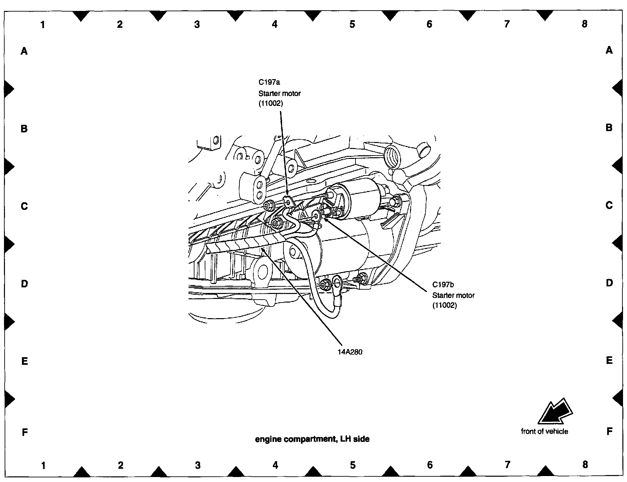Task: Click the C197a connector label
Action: click(269, 82)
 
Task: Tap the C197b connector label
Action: click(443, 284)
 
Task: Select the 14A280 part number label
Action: click(350, 352)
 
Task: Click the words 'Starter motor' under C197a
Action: click(279, 93)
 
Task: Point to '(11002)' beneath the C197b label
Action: click(444, 305)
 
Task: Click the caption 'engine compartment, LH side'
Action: click(312, 439)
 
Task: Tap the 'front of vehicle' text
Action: click(544, 431)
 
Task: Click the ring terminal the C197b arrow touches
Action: click(316, 217)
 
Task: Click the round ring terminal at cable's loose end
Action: click(337, 282)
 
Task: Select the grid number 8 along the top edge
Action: click(584, 24)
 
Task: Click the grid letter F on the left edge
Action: click(24, 432)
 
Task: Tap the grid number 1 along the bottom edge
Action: click(43, 465)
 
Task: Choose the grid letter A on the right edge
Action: click(609, 50)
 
